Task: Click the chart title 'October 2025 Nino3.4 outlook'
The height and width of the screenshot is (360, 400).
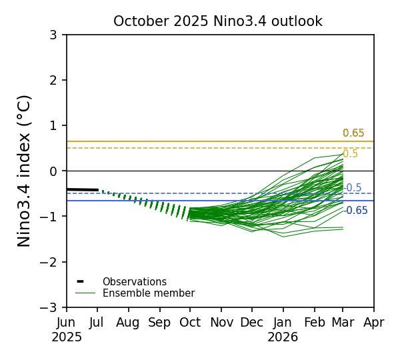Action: pos(217,21)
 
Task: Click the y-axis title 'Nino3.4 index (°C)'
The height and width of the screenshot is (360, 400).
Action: pos(25,171)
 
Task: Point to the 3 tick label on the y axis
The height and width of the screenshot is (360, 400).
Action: pos(53,35)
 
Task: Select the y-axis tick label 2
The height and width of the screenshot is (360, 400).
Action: pos(53,80)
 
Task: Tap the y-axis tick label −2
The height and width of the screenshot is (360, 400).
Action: pos(50,262)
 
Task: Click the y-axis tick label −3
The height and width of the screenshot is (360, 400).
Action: pos(50,307)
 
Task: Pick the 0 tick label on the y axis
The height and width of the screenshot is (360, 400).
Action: pos(53,171)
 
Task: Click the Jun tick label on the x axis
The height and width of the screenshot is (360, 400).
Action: pos(67,323)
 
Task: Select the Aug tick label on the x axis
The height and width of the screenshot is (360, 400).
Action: pos(128,323)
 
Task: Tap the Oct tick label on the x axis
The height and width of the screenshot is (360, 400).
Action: pos(190,323)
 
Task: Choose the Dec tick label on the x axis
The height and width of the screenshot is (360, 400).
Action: pos(252,323)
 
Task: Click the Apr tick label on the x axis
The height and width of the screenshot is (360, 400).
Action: pos(374,323)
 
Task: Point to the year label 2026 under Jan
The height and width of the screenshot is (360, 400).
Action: pos(283,337)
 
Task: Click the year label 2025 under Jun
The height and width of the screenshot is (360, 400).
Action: pos(67,337)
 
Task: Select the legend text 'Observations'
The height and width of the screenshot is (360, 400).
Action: pos(134,282)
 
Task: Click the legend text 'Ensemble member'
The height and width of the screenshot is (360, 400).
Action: pos(148,293)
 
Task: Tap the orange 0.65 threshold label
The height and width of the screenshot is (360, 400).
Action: pos(353,133)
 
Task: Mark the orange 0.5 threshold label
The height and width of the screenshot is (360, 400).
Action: pos(350,154)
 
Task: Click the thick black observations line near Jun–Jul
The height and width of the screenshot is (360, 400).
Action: pos(83,189)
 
